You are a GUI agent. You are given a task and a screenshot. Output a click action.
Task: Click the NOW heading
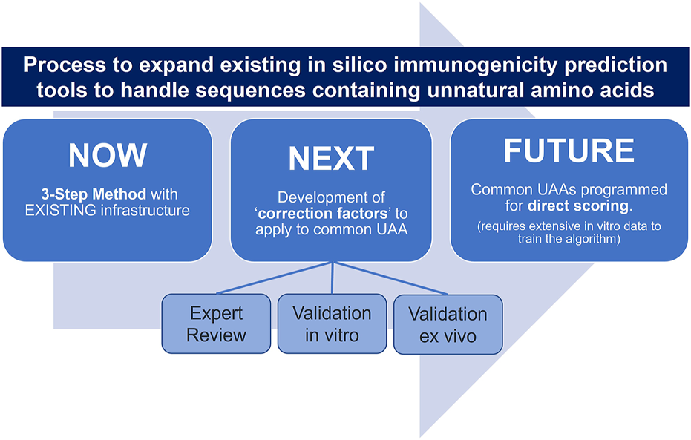pyautogui.click(x=108, y=155)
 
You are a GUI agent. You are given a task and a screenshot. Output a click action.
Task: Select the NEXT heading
pyautogui.click(x=331, y=159)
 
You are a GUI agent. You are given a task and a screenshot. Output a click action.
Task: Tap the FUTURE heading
pyautogui.click(x=569, y=151)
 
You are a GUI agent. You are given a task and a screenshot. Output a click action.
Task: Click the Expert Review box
pyautogui.click(x=216, y=324)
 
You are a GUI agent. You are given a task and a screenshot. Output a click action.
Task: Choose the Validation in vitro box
pyautogui.click(x=332, y=324)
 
